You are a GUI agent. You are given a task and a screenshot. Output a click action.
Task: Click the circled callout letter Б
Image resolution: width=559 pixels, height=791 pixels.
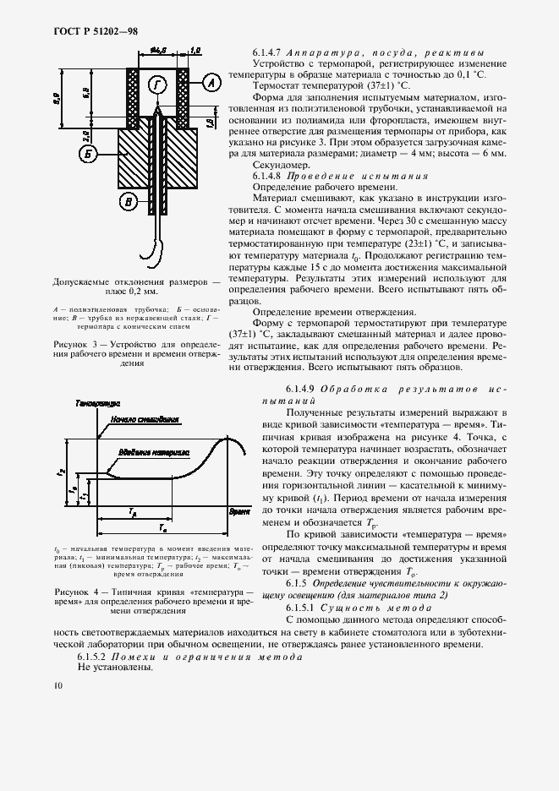click(88, 154)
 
